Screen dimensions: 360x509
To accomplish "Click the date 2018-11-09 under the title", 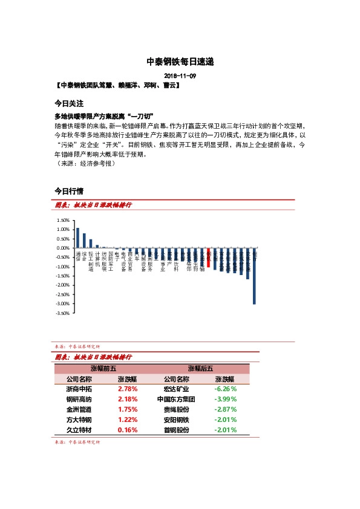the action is click(x=180, y=76).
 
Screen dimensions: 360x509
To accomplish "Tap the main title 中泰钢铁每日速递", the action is click(x=180, y=62).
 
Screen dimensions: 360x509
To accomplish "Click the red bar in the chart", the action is click(x=209, y=258).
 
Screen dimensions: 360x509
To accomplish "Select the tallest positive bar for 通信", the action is click(x=77, y=238).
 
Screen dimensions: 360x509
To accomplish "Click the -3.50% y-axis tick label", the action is click(x=62, y=313).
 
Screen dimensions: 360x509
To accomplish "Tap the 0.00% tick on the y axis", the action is click(x=62, y=248).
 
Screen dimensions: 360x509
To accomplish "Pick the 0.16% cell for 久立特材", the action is click(x=128, y=430).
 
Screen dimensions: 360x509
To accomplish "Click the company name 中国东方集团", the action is click(x=176, y=400).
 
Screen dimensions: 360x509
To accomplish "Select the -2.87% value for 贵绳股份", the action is click(x=225, y=410).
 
